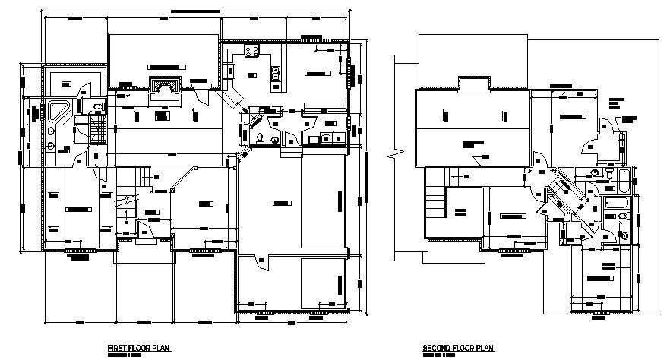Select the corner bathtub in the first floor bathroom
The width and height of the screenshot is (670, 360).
click(58, 111)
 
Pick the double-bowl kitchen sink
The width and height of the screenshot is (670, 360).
click(276, 74)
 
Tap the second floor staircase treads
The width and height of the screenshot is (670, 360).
click(435, 204)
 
